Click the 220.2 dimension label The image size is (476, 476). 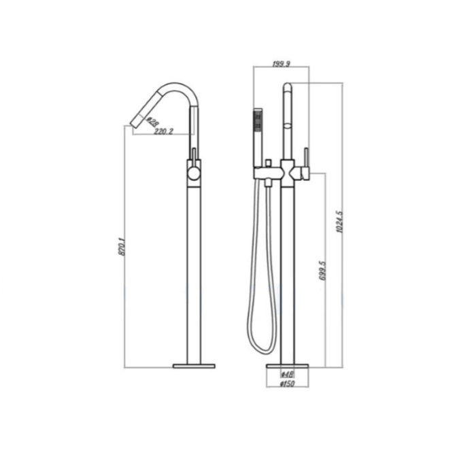(x=163, y=131)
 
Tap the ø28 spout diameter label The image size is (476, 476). (x=152, y=121)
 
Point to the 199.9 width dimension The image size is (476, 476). (x=281, y=63)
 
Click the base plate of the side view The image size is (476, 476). (x=194, y=366)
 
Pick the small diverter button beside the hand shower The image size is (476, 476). (x=270, y=163)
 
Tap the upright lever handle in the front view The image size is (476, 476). (x=307, y=160)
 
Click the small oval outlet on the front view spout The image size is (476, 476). (x=287, y=126)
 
